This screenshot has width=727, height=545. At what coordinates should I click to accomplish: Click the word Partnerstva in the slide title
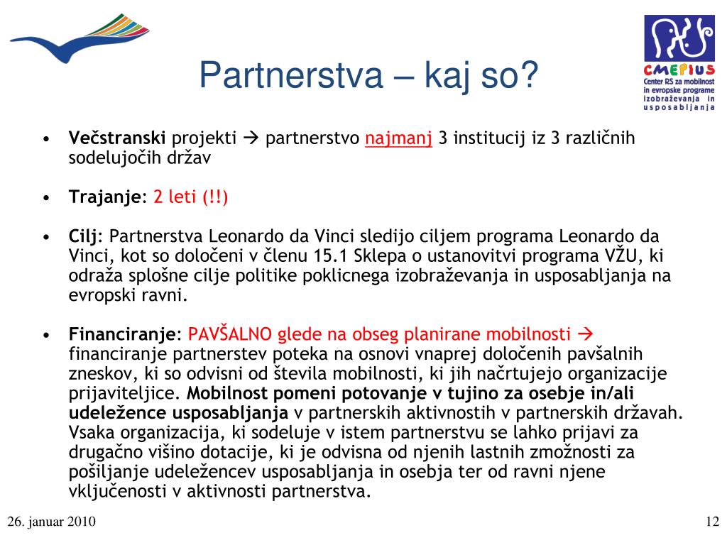click(x=291, y=75)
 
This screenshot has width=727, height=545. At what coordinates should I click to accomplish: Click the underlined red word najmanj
click(x=399, y=138)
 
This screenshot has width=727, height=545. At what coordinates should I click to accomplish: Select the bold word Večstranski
click(x=117, y=138)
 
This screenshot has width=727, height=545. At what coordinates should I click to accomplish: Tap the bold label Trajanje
click(x=105, y=197)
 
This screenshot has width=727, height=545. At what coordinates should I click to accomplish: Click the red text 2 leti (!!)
click(x=190, y=197)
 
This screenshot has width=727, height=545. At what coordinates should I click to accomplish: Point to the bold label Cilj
click(x=83, y=236)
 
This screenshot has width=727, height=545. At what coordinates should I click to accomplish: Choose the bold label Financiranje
click(x=122, y=334)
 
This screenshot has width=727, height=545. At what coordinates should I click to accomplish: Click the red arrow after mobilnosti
click(x=586, y=334)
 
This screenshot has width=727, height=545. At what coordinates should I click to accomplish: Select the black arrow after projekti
click(x=251, y=138)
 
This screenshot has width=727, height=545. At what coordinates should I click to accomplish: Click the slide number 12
click(x=712, y=522)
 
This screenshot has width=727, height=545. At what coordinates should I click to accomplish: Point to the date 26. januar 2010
click(x=51, y=522)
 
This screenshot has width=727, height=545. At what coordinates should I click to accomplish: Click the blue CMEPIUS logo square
click(x=679, y=38)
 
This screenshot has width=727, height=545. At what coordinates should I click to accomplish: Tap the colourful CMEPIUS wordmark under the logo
click(x=679, y=70)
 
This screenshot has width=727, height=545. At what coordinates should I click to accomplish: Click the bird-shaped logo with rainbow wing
click(x=80, y=38)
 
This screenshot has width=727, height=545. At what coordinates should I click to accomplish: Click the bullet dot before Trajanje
click(x=46, y=199)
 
